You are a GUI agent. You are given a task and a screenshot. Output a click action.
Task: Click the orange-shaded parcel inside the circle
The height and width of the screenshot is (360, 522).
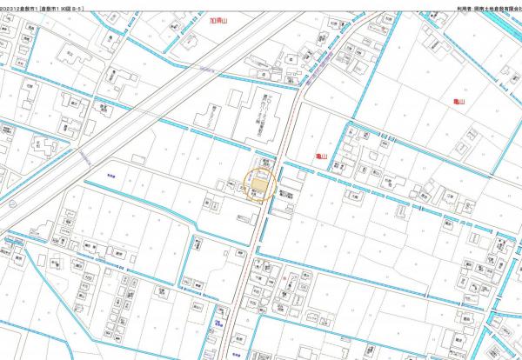pyautogui.click(x=259, y=184)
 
